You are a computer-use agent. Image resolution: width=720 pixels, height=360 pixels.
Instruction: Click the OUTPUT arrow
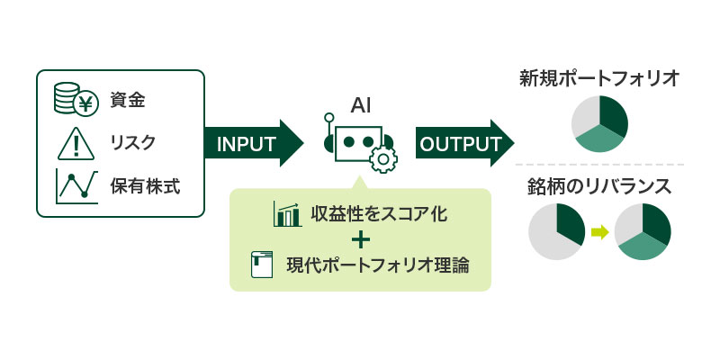tap(463, 143)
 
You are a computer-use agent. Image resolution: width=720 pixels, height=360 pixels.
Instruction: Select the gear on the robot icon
tap(383, 159)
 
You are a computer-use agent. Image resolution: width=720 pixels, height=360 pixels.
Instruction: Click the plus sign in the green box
tap(361, 240)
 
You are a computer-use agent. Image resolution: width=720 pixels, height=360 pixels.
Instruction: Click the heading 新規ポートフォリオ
tap(599, 79)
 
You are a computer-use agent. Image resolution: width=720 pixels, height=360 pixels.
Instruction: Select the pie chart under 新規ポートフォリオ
tap(600, 125)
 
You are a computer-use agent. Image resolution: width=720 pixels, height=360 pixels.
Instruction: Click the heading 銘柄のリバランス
tap(598, 187)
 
